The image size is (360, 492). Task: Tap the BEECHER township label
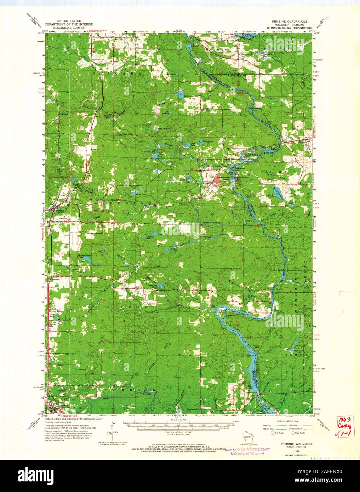(131, 308)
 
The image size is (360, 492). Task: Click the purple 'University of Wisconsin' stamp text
(246, 453)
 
